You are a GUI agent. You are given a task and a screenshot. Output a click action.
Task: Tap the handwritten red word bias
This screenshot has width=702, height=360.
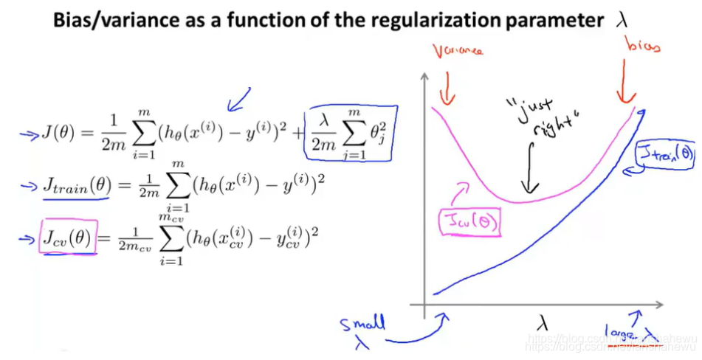point(642,47)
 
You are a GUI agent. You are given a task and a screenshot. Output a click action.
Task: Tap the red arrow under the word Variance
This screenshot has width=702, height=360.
point(445,89)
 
